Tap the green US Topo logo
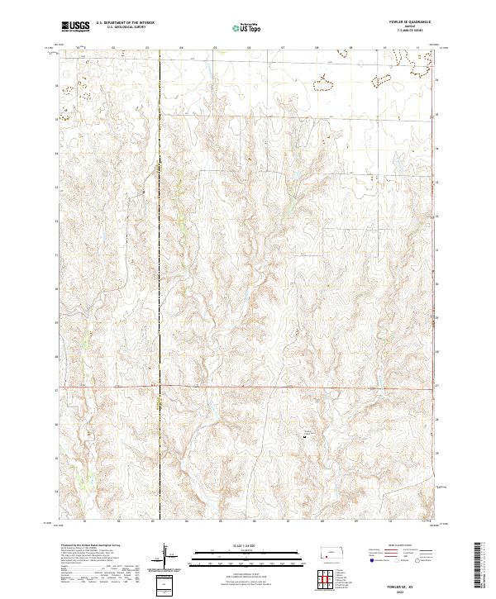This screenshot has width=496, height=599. (x=247, y=27)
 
